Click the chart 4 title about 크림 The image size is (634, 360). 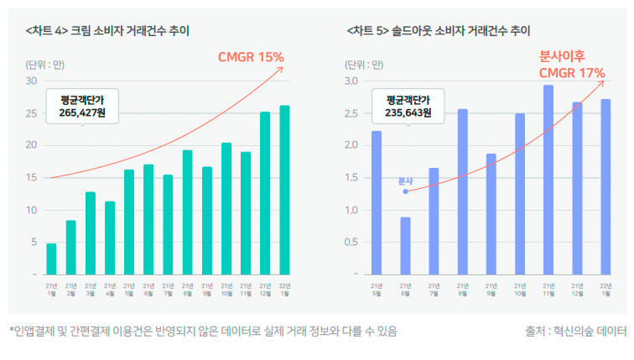[x=107, y=31]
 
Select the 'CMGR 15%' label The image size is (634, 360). [x=251, y=57]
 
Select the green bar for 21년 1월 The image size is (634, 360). [x=51, y=258]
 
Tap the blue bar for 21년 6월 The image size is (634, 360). [x=405, y=246]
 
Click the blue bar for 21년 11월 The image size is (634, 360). [x=548, y=180]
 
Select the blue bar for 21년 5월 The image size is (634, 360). [x=377, y=202]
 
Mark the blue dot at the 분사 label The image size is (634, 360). [x=405, y=191]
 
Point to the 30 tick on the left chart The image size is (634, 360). [x=31, y=81]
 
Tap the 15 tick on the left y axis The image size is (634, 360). [x=31, y=178]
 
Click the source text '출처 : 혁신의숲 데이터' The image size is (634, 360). [x=570, y=331]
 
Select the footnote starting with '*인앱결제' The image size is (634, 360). [x=203, y=331]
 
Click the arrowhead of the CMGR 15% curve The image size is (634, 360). [x=282, y=67]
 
